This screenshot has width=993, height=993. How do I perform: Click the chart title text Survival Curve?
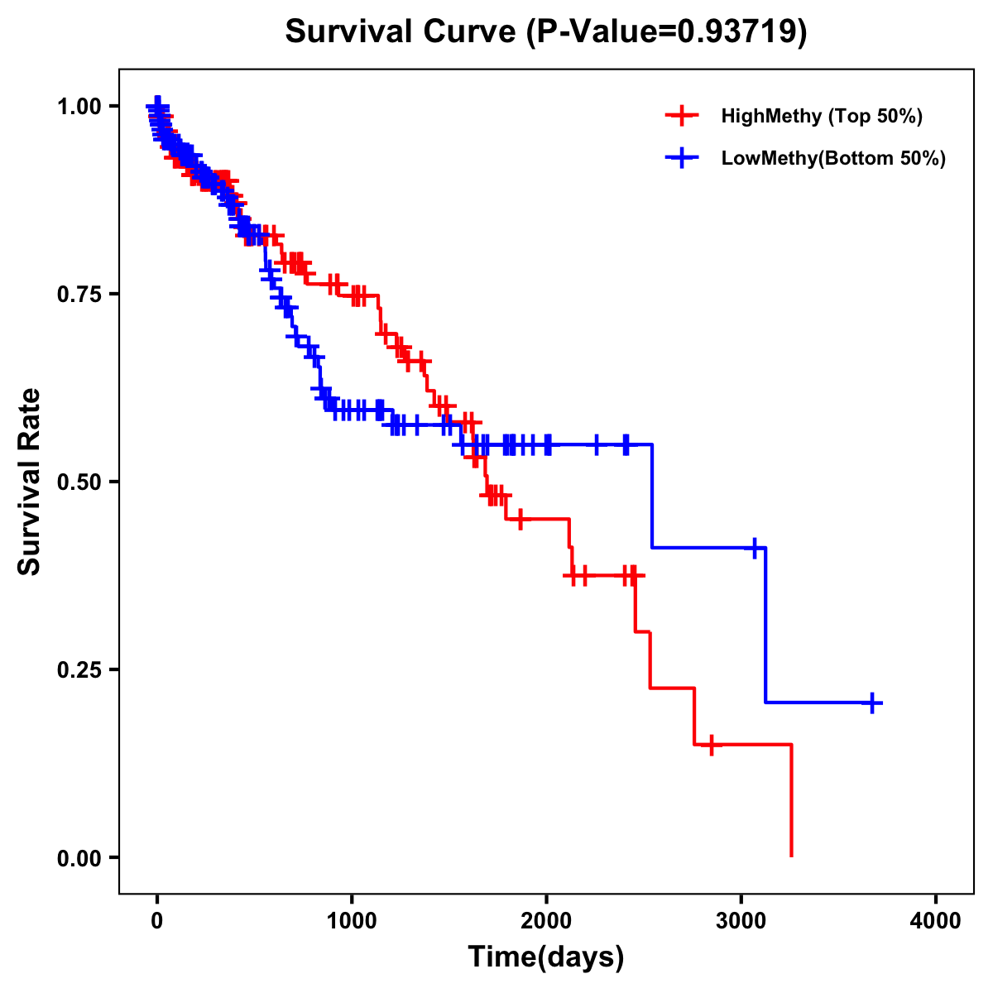[402, 31]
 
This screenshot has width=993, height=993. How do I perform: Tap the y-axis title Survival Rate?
[30, 481]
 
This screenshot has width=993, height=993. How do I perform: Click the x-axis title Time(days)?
[546, 957]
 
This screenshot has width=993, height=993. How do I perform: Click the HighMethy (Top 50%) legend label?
[822, 116]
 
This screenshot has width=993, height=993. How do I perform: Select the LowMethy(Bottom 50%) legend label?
[833, 158]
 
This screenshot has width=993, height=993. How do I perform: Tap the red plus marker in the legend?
[681, 116]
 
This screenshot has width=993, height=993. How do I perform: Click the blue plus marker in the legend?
[681, 158]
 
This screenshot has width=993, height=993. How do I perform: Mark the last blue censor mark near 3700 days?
[871, 703]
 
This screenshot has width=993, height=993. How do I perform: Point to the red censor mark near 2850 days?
[710, 745]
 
